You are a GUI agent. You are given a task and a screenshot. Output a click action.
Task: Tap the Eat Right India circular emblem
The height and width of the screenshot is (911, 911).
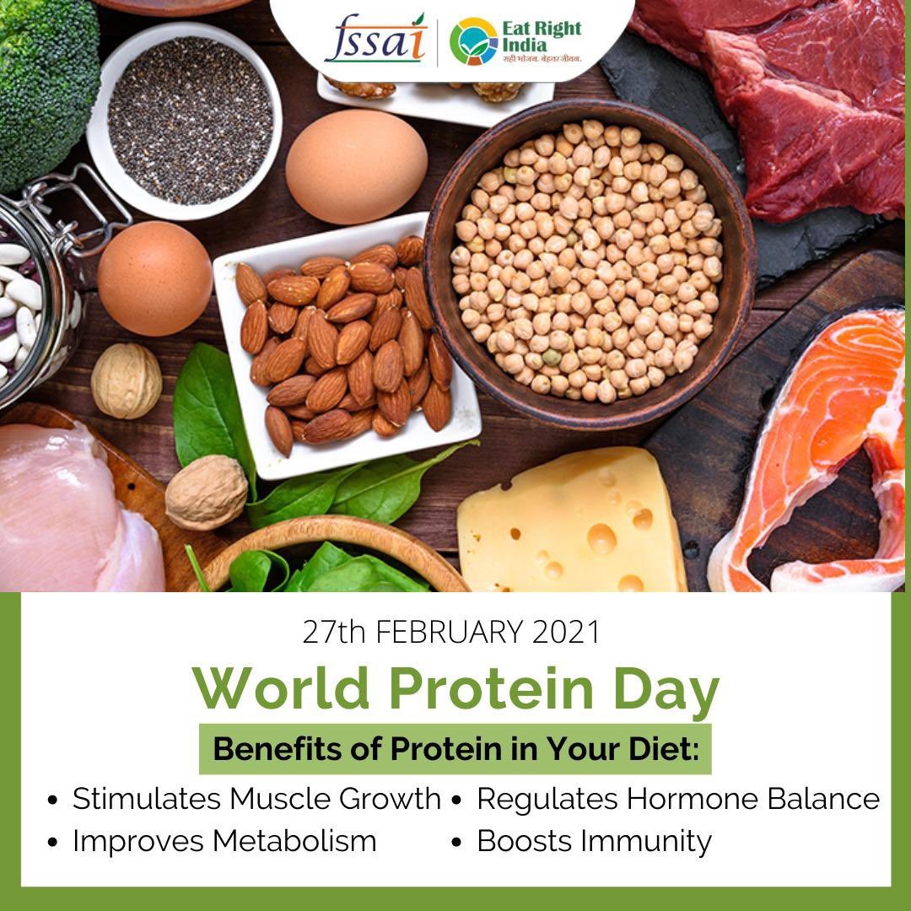473,41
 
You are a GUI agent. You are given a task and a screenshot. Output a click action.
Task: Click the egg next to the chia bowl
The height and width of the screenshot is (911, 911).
356,167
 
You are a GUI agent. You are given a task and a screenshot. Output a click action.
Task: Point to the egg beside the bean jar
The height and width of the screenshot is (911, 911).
154,278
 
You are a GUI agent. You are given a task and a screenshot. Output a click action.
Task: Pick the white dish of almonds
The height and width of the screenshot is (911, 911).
347,345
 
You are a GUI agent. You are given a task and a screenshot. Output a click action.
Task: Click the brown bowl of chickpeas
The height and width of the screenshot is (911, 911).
590,264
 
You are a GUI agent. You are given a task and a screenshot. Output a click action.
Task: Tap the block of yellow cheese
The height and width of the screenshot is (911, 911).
572,520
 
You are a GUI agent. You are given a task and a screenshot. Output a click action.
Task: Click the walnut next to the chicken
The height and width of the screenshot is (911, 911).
207,492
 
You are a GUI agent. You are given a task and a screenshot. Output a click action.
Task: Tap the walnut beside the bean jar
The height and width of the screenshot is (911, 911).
127,380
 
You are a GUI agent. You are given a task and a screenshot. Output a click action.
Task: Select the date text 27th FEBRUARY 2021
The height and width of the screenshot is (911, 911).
450,632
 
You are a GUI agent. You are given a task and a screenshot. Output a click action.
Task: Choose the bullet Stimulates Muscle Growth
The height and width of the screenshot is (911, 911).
245,799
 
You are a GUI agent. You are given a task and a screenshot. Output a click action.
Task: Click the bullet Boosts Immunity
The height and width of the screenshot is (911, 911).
581,842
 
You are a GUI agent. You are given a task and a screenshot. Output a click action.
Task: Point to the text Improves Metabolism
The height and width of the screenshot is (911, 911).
224,841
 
